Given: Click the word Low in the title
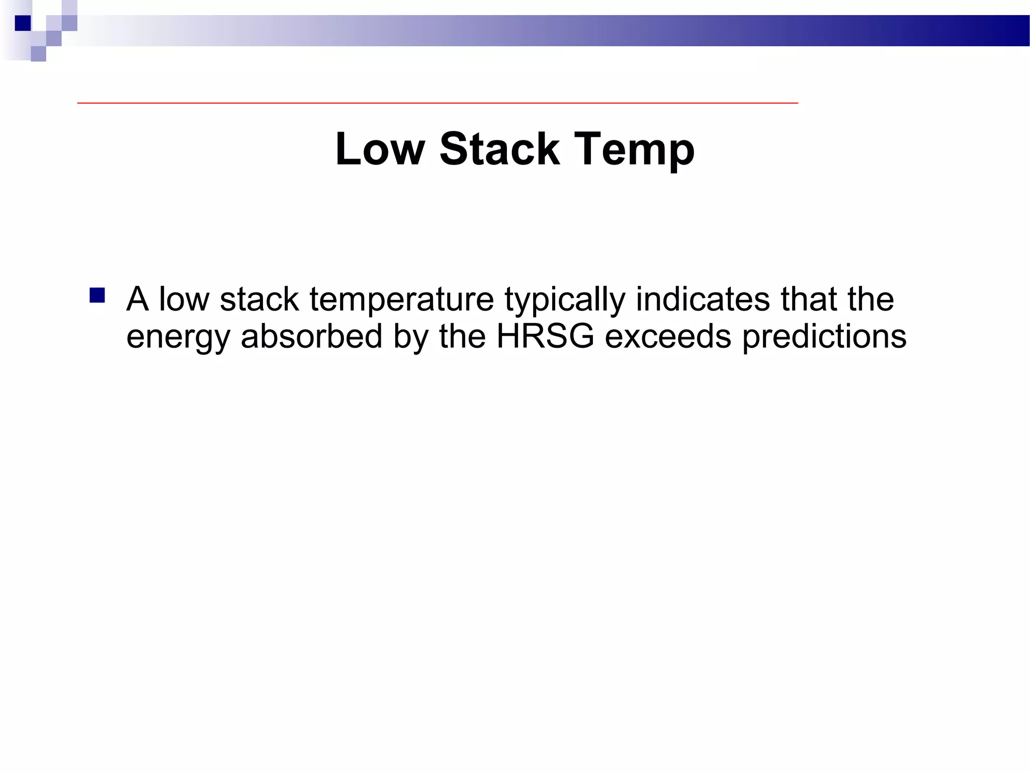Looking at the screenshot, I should click(380, 149).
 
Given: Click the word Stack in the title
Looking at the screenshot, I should click(499, 149).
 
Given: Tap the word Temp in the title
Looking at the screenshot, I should click(634, 150).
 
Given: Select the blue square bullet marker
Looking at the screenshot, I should click(97, 295).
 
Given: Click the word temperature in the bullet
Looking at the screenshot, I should click(401, 300).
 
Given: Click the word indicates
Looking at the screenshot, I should click(703, 299).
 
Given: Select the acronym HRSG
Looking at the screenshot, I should click(545, 336).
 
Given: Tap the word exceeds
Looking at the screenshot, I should click(668, 336).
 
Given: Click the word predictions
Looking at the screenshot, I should click(824, 337).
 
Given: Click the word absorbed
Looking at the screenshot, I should click(311, 336).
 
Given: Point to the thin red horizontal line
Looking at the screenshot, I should click(438, 103).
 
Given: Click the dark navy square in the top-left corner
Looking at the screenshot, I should click(23, 23).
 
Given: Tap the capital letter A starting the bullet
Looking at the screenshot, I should click(137, 299).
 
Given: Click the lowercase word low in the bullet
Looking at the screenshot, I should click(184, 299).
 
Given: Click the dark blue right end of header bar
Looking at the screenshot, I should click(1001, 31).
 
